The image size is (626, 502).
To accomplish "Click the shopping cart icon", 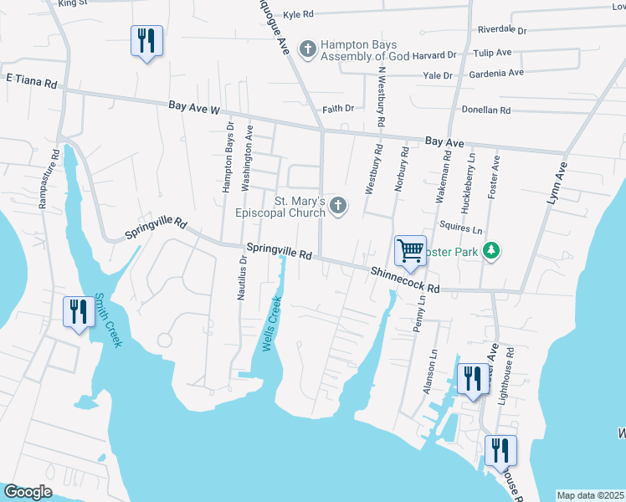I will click(x=410, y=250).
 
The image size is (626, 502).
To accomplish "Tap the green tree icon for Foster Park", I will click(x=494, y=249).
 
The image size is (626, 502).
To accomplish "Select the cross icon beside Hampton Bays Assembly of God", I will click(x=308, y=49).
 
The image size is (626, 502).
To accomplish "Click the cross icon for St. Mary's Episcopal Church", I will click(x=338, y=206).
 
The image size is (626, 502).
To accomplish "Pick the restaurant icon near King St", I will click(x=146, y=40).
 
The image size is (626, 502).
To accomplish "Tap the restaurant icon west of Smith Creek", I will click(x=80, y=311).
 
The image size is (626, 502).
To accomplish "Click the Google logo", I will click(x=28, y=493).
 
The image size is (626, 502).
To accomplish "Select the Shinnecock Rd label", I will click(x=405, y=279).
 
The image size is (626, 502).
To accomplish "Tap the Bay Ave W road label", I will click(x=193, y=107).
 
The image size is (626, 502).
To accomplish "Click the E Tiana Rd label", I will click(x=31, y=83).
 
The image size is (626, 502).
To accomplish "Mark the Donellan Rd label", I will click(x=486, y=110).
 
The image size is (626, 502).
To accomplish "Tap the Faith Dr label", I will click(x=338, y=109).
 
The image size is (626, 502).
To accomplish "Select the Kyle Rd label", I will click(x=298, y=14).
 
